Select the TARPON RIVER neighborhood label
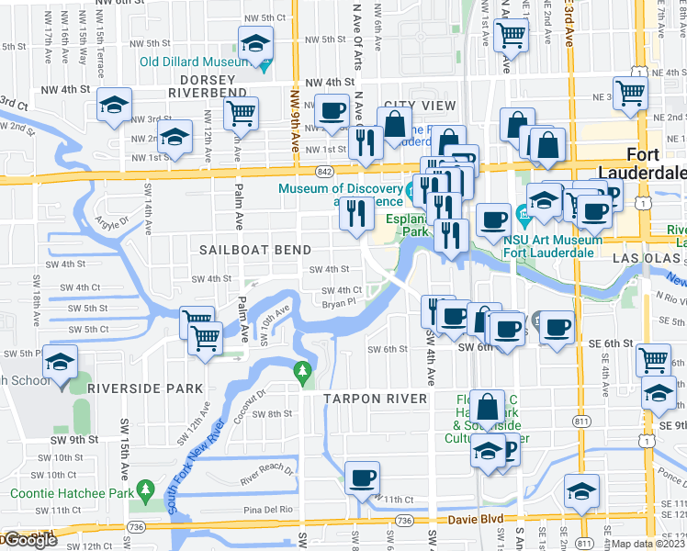[375, 399]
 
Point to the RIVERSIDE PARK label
[145, 388]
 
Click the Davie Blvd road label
[474, 519]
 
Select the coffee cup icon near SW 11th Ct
[362, 478]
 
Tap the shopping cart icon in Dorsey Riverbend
[241, 113]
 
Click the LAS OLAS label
[643, 260]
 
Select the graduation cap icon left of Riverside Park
[61, 364]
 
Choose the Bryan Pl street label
[338, 300]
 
